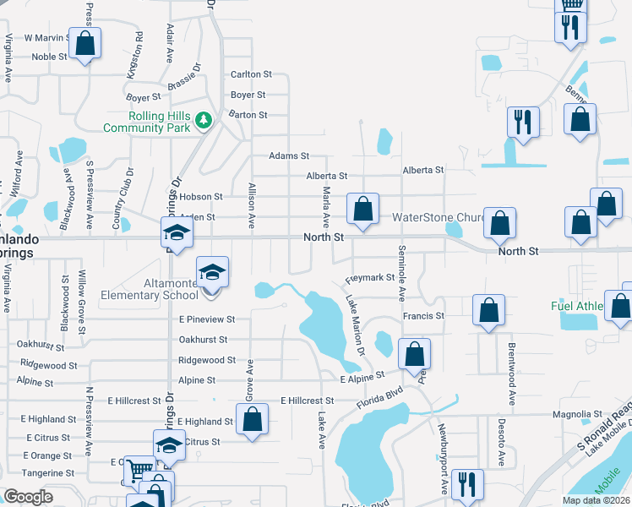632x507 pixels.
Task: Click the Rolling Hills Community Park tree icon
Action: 203,121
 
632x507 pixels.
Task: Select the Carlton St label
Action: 251,74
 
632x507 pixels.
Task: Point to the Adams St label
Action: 289,156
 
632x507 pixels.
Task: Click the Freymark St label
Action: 370,277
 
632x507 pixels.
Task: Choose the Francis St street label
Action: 423,316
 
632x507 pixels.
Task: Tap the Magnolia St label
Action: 576,414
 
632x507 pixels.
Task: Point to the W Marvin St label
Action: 47,37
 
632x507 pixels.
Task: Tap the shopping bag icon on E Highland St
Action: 252,418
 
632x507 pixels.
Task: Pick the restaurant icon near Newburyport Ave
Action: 466,484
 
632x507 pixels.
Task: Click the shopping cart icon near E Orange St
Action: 138,470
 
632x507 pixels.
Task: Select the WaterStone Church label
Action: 436,217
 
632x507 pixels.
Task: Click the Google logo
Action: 28,497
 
